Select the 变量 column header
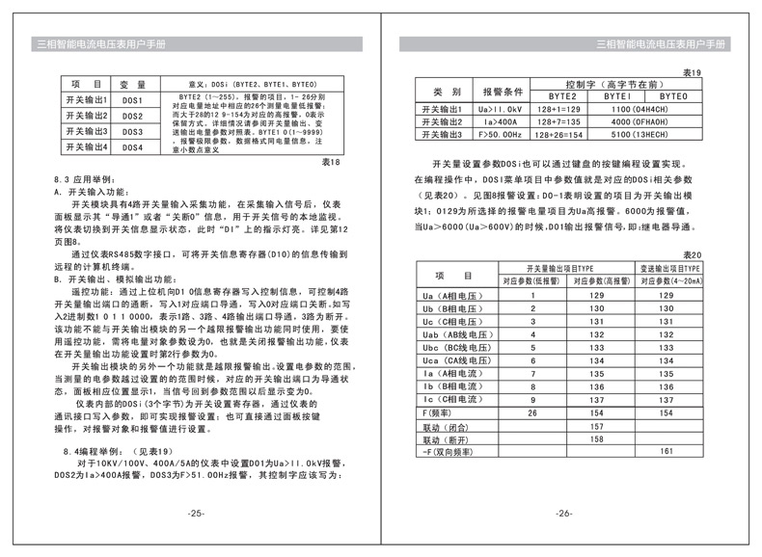(132, 85)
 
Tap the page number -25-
(196, 513)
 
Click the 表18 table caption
(331, 163)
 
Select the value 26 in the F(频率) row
(531, 411)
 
